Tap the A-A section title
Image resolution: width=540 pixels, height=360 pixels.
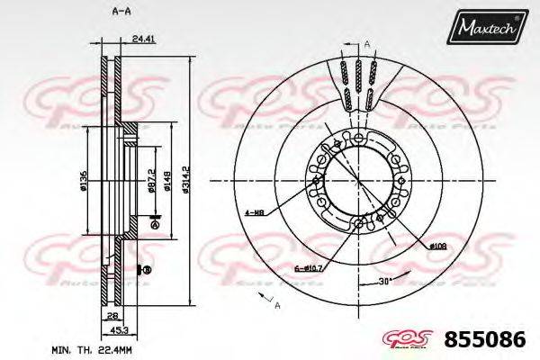[117, 10]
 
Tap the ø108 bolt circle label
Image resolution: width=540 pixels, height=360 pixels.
[437, 244]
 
